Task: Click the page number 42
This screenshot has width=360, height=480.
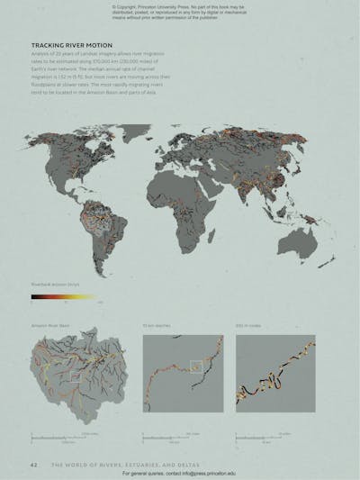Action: pos(34,465)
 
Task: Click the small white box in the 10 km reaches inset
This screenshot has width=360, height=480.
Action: pos(195,367)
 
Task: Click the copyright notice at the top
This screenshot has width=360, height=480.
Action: pos(180,11)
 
